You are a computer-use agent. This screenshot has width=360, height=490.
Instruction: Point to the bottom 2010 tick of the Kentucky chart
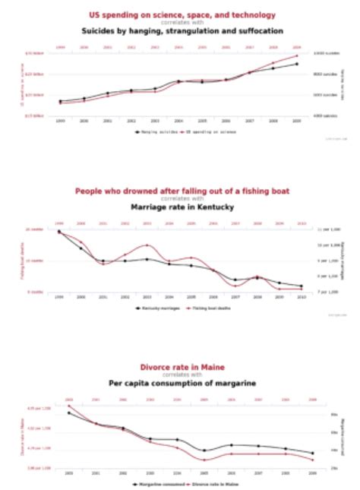coord(302,297)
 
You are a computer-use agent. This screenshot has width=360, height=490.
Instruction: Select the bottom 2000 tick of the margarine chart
coord(69,473)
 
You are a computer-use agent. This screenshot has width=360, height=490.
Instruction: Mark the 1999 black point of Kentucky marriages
coord(59,232)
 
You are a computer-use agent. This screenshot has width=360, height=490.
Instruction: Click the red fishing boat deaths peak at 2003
coord(147,245)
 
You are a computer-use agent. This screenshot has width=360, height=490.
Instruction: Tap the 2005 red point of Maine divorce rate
coord(204,460)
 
